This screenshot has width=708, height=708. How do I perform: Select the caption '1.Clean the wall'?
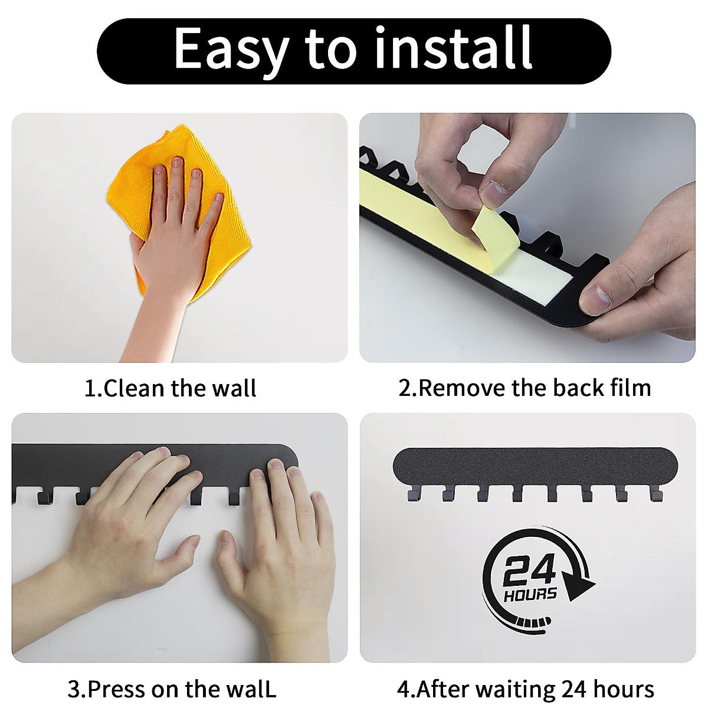[170, 389]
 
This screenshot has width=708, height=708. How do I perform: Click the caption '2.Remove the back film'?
[525, 388]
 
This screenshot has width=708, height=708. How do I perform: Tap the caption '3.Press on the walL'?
[172, 689]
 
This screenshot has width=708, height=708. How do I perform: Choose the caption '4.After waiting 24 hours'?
[525, 689]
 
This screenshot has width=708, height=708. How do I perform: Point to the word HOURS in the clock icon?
[530, 594]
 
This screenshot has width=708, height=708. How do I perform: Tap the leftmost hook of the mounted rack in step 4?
[411, 494]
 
